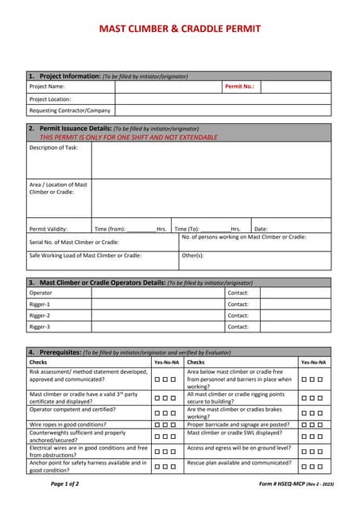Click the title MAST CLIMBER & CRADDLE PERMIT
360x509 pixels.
coord(180,29)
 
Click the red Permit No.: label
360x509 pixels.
coord(239,86)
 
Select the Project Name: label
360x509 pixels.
coord(47,86)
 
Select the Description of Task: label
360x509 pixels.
coord(54,147)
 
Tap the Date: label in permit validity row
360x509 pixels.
coord(261,228)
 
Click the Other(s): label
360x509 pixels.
coord(193,255)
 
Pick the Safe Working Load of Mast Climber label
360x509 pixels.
coord(86,255)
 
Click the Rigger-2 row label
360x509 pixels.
coord(40,315)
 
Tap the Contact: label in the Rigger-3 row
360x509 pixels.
coord(238,326)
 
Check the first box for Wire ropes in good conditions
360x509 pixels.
coord(157,425)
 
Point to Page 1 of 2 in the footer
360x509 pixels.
coord(65,483)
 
